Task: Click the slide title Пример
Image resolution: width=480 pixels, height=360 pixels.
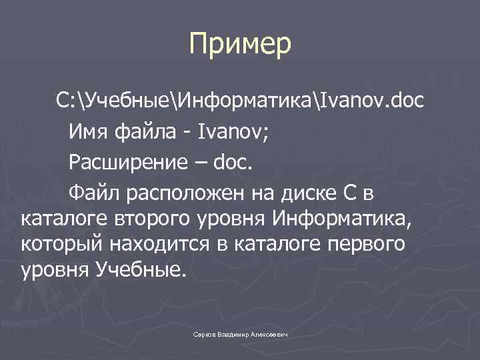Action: click(x=240, y=45)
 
